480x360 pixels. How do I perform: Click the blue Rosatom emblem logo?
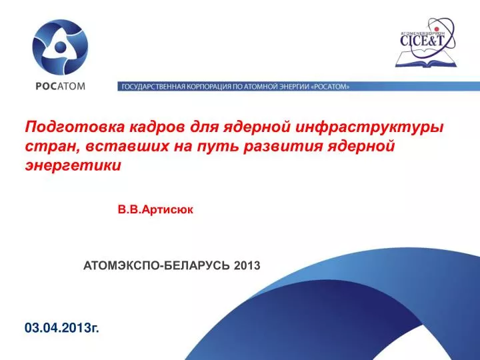60,47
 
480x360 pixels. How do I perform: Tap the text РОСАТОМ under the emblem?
60,86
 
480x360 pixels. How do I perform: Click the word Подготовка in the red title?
75,127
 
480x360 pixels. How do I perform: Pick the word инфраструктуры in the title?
369,127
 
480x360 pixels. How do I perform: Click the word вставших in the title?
127,146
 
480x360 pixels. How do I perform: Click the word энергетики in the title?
73,165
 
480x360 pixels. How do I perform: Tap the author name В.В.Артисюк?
155,210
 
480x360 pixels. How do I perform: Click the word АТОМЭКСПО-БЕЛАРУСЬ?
156,265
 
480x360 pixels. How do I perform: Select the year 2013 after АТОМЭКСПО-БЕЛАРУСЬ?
247,265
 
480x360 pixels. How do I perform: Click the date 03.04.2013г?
62,327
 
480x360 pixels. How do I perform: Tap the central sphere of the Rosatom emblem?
60,47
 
